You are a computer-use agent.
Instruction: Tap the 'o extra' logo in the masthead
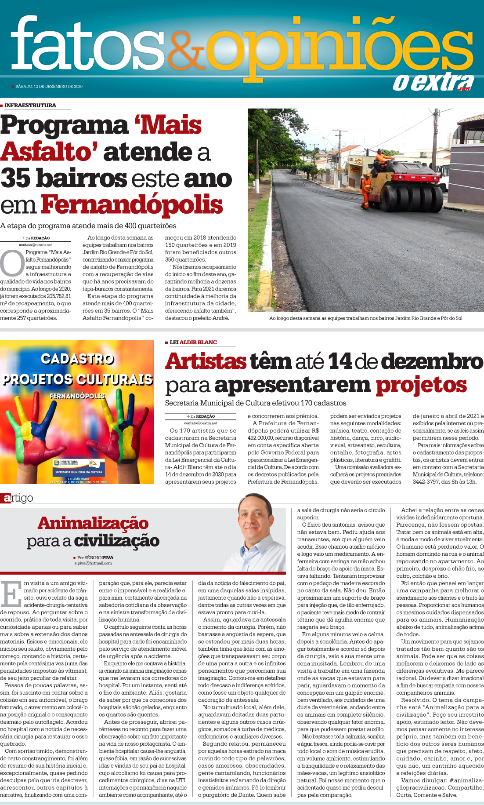(433, 82)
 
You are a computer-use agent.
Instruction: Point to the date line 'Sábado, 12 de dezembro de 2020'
(49, 87)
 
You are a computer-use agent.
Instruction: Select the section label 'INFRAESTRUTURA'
(30, 106)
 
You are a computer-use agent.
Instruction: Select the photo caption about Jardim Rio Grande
(365, 318)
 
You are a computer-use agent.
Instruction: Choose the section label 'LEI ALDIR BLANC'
(193, 342)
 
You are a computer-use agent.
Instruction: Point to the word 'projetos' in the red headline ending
(421, 385)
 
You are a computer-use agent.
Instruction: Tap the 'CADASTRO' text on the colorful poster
(77, 359)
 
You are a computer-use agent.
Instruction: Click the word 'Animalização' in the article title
(93, 523)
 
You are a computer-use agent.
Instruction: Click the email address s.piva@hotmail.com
(93, 563)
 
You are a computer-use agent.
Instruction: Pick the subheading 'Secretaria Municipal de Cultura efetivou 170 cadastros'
(256, 403)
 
